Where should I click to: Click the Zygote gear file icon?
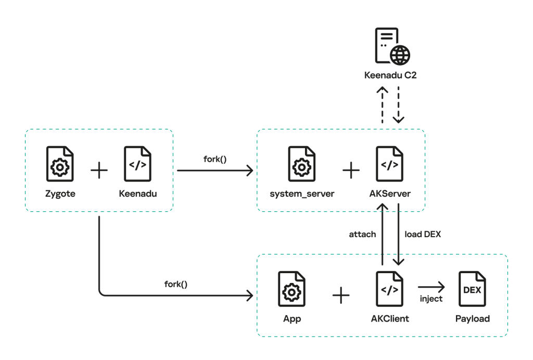(x=60, y=164)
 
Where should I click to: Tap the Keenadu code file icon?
(x=137, y=164)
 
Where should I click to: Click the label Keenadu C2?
(x=390, y=75)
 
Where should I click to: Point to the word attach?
(x=362, y=234)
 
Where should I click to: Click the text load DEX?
(x=423, y=234)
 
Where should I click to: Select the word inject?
(x=431, y=299)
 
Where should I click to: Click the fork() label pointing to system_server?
(x=215, y=159)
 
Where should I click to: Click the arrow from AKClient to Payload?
(x=431, y=287)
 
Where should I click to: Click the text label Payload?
(x=473, y=318)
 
